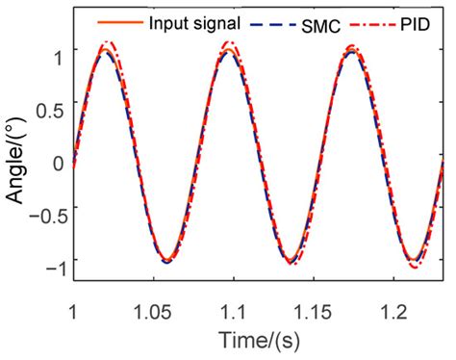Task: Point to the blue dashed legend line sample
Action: coord(269,20)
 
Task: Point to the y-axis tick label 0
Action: coord(58,161)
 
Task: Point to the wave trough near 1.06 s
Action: coord(167,261)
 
